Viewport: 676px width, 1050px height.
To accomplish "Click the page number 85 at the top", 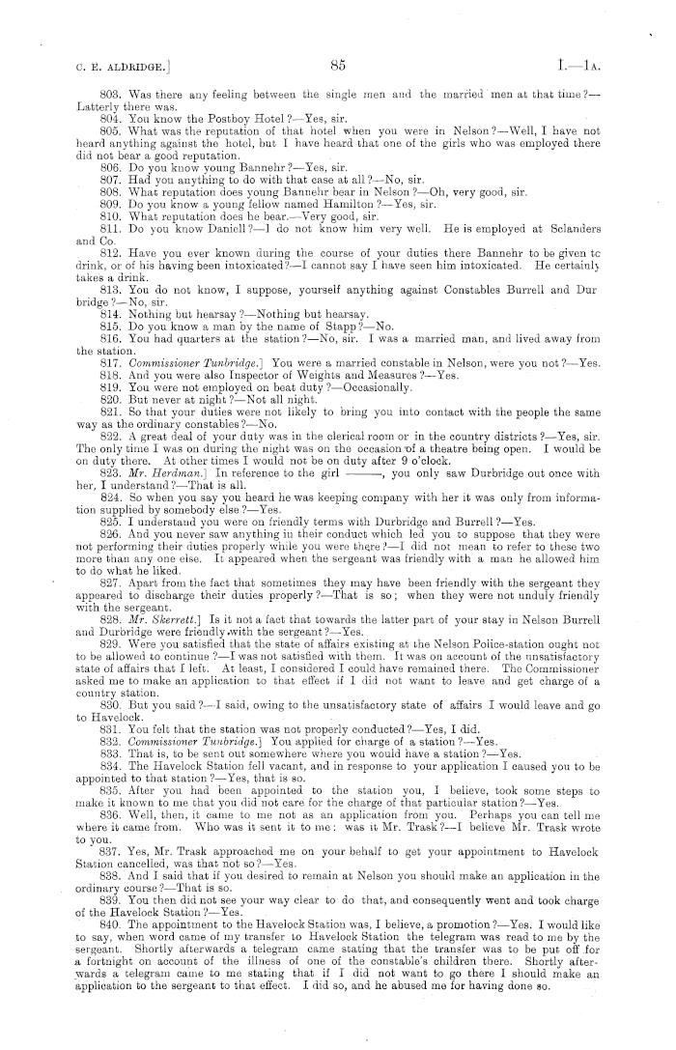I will pyautogui.click(x=337, y=66).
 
